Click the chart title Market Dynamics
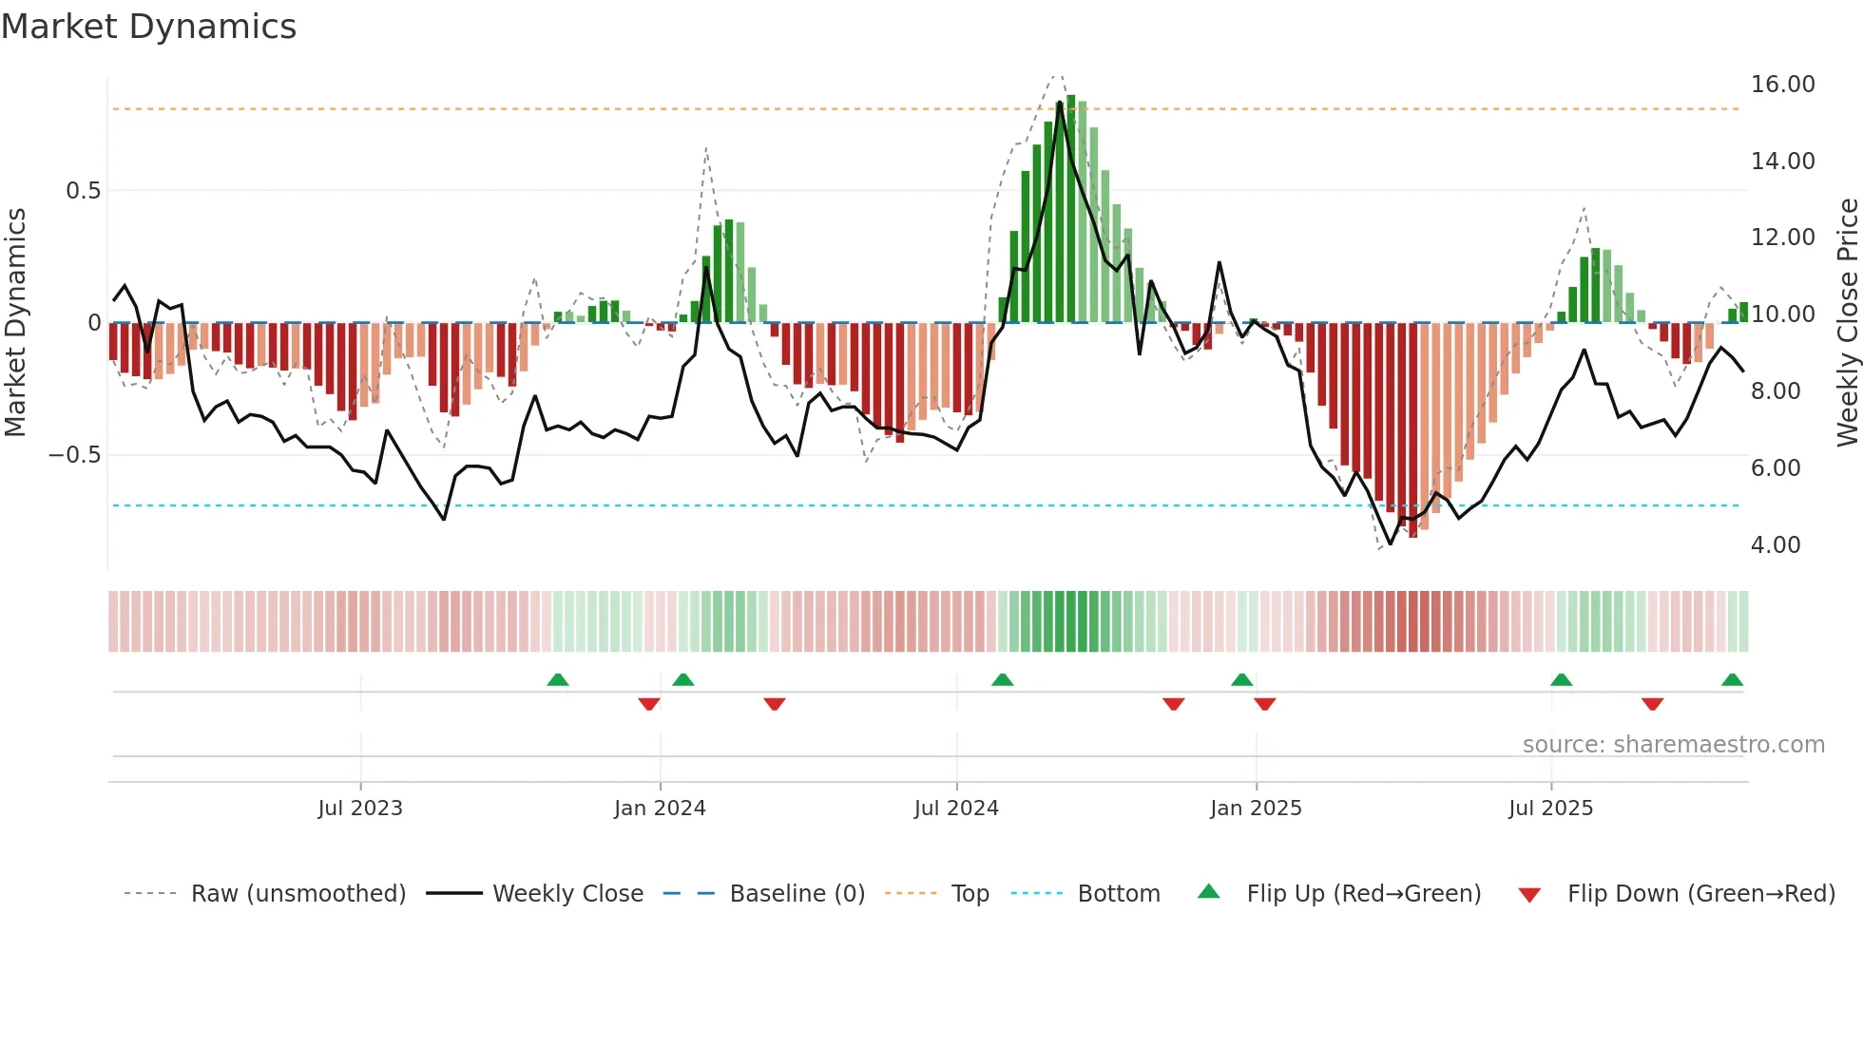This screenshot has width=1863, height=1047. coord(148,27)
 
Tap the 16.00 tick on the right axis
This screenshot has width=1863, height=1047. coord(1782,85)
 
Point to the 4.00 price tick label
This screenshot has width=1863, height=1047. coord(1775,545)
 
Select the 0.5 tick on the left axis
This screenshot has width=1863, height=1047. coord(83,191)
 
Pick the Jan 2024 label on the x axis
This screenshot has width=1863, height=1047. coord(660,809)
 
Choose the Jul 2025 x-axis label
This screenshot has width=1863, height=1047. coord(1550,809)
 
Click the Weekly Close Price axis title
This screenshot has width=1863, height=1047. coord(1847,322)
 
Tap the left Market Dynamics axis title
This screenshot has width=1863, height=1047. coord(15,322)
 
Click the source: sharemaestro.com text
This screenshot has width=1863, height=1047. coord(1673,745)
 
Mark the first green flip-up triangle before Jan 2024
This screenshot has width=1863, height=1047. coord(558,680)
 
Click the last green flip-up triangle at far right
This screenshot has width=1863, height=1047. coord(1732,680)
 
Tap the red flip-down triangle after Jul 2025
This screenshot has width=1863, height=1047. coord(1652,704)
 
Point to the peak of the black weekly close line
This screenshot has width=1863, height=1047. coord(1060,103)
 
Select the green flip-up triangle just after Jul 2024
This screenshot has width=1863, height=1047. coord(1002,680)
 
